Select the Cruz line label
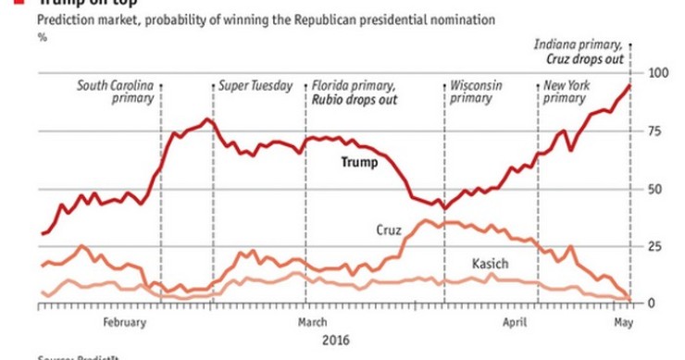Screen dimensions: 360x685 [x=389, y=229]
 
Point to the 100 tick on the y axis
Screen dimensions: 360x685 [x=658, y=73]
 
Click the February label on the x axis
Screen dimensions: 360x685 [x=125, y=322]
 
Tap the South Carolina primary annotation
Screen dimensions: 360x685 [x=115, y=93]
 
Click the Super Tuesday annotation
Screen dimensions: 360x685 [x=255, y=86]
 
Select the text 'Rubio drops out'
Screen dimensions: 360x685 [x=349, y=99]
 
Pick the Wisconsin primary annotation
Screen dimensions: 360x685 [x=477, y=93]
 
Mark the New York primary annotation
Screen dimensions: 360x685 [x=567, y=93]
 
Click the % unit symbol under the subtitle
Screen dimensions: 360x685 [x=42, y=36]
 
